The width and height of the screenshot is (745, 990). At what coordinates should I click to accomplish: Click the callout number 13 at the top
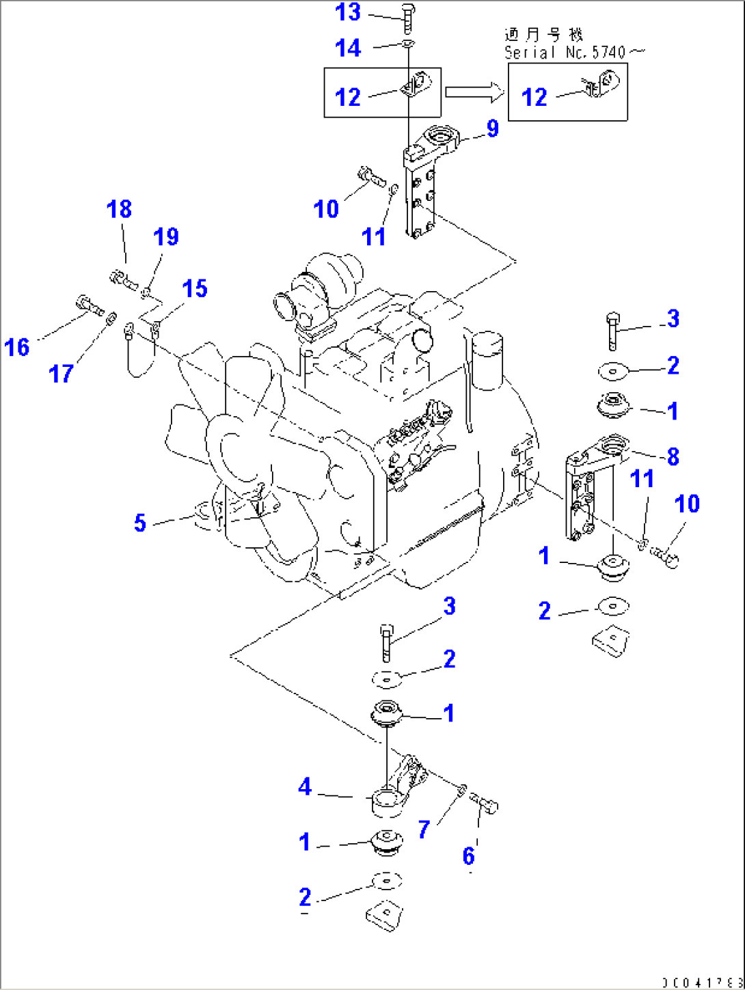[x=348, y=12]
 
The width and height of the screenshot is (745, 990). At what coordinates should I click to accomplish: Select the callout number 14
[x=348, y=48]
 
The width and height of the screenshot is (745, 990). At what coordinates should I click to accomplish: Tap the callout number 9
[x=492, y=128]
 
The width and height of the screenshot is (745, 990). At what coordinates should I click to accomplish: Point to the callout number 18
[x=120, y=209]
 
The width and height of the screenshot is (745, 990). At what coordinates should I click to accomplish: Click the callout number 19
[x=165, y=237]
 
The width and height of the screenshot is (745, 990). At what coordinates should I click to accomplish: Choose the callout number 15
[x=195, y=288]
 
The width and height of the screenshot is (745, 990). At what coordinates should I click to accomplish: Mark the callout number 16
[x=17, y=347]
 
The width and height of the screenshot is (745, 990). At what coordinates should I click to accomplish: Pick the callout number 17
[x=62, y=374]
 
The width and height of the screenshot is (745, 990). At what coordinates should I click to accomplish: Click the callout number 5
[x=140, y=523]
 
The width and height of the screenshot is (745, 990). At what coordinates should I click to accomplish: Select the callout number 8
[x=673, y=456]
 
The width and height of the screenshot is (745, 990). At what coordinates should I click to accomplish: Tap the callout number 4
[x=305, y=787]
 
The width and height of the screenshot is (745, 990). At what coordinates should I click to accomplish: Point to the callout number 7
[x=424, y=829]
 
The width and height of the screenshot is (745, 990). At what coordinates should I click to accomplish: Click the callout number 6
[x=469, y=855]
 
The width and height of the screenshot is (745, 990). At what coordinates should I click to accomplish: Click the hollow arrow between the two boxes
[x=474, y=92]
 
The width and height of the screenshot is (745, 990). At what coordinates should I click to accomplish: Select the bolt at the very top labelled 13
[x=407, y=17]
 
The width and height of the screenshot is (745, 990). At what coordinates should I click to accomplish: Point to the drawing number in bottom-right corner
[x=701, y=982]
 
